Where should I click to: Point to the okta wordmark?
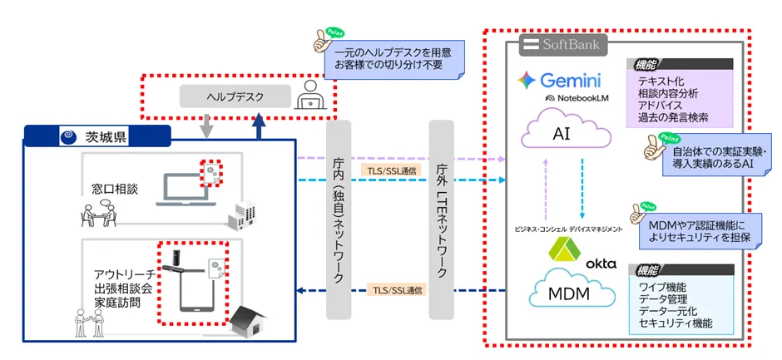coord(601,264)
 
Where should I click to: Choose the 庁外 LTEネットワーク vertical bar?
coord(443,220)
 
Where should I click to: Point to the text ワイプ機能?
coord(662,287)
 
